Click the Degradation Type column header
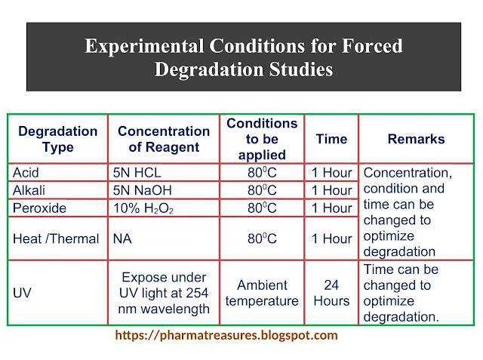58,139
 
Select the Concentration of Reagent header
164,139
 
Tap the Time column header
331,139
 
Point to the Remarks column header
416,139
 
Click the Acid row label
26,173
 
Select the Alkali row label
29,190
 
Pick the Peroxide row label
39,208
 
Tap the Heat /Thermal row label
56,238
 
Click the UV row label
22,293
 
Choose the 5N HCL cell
137,173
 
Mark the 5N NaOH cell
143,190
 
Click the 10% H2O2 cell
143,208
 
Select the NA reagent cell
122,238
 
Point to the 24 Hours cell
331,293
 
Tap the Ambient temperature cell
262,293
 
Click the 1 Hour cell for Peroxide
331,208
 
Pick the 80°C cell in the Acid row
262,173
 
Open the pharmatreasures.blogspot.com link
226,335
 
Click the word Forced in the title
372,46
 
